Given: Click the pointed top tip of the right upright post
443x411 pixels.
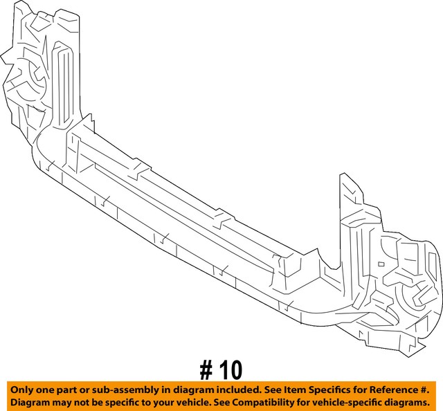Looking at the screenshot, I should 341,175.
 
